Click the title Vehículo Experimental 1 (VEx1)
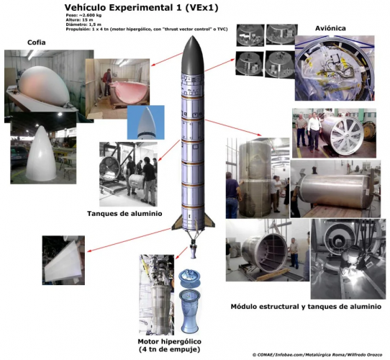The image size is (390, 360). (x=141, y=8)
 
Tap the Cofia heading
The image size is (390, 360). (x=36, y=42)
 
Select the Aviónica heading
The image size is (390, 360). (x=330, y=28)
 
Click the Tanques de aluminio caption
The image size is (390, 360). (x=124, y=214)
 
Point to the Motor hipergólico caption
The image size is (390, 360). (x=169, y=341)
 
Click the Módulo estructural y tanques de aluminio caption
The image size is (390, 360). (x=306, y=307)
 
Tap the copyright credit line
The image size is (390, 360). (x=317, y=355)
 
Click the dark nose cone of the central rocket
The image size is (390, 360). (x=193, y=55)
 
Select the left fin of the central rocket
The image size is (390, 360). (x=177, y=222)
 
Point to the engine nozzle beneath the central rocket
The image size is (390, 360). (x=194, y=252)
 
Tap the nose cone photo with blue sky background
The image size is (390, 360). (x=146, y=122)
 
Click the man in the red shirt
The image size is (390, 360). (x=107, y=81)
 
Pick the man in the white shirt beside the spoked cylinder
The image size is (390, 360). (x=314, y=132)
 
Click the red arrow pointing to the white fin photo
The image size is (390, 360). (x=129, y=240)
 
